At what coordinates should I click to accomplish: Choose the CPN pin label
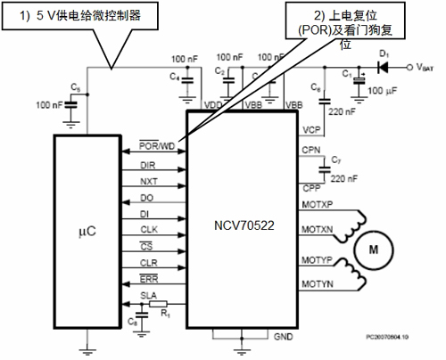(x=311, y=151)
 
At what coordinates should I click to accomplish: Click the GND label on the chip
(x=284, y=338)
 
